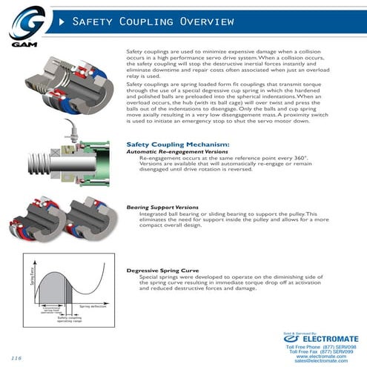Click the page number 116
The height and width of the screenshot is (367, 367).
pyautogui.click(x=16, y=359)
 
